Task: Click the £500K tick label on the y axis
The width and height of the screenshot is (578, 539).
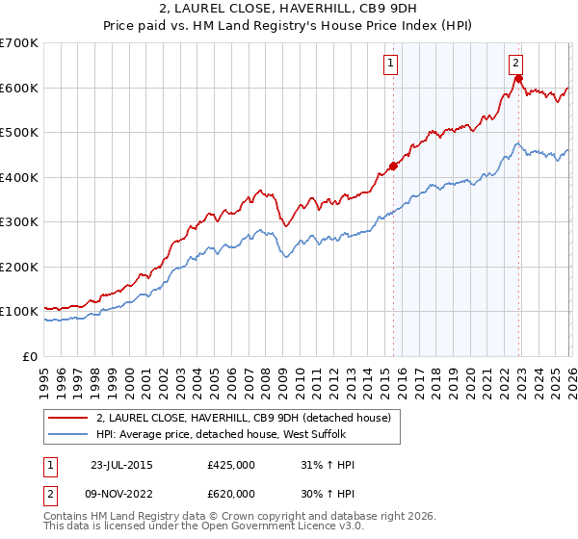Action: point(18,132)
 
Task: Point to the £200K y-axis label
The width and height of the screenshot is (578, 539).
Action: point(18,267)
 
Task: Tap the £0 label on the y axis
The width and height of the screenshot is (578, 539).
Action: point(31,356)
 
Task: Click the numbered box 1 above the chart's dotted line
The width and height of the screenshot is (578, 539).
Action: point(391,64)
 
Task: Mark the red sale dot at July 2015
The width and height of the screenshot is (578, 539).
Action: point(393,166)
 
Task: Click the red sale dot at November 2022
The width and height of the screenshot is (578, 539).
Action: point(517,79)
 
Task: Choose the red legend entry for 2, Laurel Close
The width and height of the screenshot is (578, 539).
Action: point(243,418)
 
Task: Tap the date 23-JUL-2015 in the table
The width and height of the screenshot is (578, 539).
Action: point(122,465)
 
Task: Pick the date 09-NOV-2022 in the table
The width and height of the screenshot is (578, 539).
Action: point(123,494)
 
